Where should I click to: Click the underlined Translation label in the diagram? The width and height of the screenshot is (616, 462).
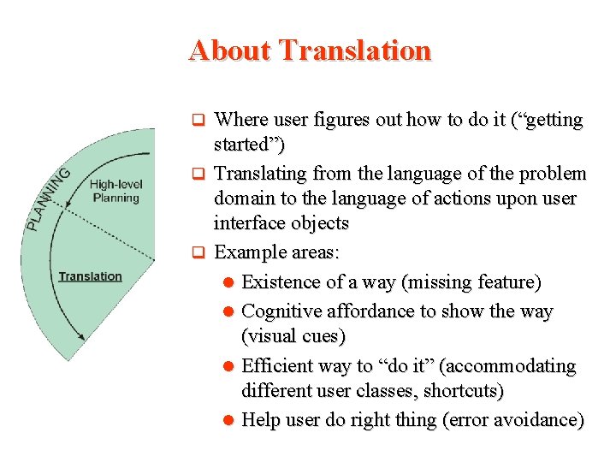point(90,276)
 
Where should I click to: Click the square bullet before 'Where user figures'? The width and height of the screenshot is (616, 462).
point(196,120)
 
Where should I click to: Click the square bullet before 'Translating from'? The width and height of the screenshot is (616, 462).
point(196,174)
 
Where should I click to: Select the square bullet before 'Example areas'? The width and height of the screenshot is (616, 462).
point(196,252)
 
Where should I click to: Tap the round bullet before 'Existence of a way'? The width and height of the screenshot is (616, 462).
point(228,282)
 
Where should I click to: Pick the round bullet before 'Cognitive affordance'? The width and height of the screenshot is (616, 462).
point(228,311)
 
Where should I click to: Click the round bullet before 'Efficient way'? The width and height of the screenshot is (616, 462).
point(228,366)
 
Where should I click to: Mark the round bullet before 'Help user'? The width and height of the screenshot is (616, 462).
point(228,420)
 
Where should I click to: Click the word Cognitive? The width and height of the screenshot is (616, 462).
point(282,311)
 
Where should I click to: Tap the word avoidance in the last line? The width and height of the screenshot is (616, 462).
point(536,420)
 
